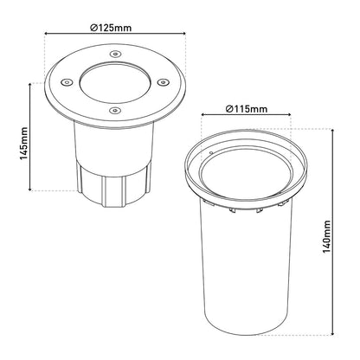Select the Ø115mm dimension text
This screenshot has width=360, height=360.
point(246,109)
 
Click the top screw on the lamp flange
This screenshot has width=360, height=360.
point(115,54)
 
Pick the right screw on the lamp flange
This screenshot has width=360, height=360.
point(159,83)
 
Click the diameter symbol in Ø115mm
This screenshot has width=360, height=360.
point(228,109)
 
